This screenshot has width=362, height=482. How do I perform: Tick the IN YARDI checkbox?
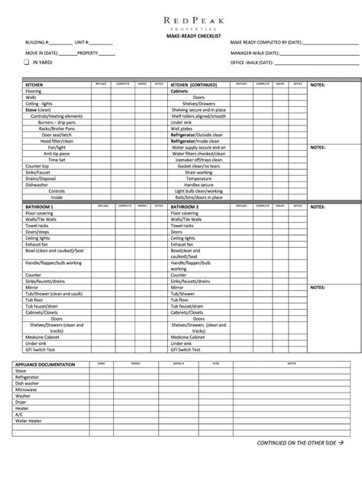(27, 63)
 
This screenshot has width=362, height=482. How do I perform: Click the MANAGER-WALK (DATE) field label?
(257, 53)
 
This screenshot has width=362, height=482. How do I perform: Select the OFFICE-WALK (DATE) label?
(254, 63)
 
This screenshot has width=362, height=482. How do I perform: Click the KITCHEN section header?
(35, 84)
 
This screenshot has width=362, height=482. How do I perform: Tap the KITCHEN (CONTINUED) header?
(194, 84)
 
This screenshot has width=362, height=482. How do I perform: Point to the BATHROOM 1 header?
(39, 207)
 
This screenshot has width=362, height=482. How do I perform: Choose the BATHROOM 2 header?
(185, 207)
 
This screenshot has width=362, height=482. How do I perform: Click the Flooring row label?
(33, 91)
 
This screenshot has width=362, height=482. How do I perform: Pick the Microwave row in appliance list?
(26, 389)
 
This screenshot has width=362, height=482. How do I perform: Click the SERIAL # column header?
(179, 364)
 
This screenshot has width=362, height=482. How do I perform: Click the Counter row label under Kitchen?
(32, 165)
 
